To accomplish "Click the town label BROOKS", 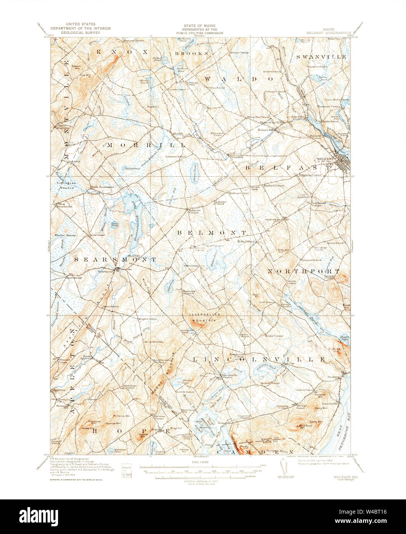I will (x=192, y=53).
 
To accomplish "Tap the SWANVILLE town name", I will (x=321, y=56).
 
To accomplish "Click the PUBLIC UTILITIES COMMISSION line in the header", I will (x=200, y=33).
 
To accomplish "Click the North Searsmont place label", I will (x=102, y=187).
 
